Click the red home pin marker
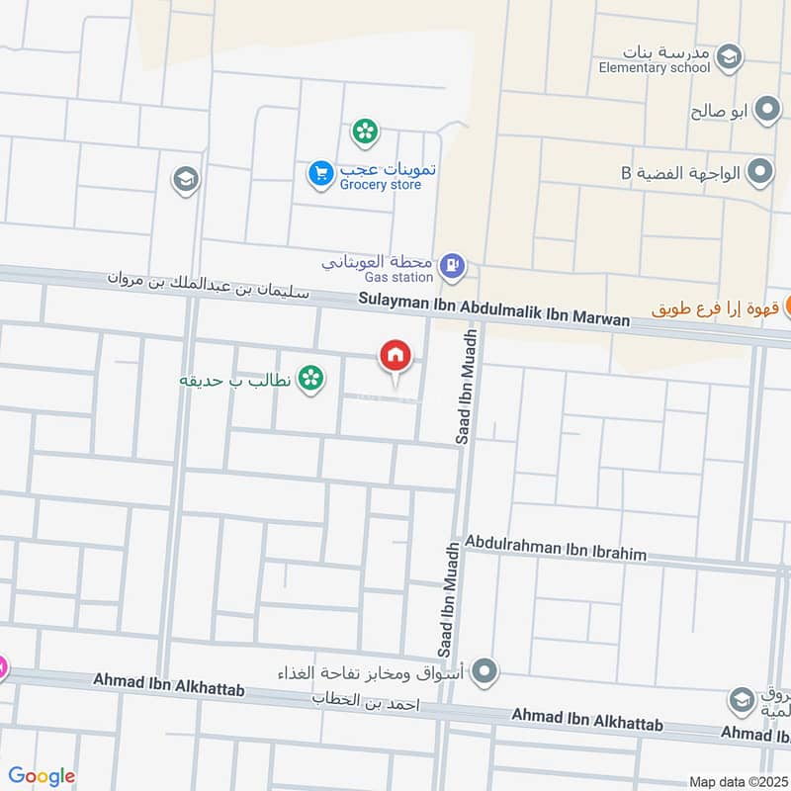(x=395, y=356)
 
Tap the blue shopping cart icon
(x=320, y=173)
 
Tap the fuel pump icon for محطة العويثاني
(x=454, y=265)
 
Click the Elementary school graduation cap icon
(x=730, y=53)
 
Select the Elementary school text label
(x=655, y=68)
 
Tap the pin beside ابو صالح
(x=766, y=111)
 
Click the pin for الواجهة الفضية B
(x=759, y=173)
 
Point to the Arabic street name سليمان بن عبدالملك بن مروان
(x=209, y=284)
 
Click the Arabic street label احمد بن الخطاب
(x=367, y=702)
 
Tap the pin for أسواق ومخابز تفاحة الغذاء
(x=484, y=673)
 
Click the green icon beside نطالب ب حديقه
(x=310, y=378)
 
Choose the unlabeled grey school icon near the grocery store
(x=185, y=180)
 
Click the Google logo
(x=42, y=776)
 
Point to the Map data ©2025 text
(x=736, y=782)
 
